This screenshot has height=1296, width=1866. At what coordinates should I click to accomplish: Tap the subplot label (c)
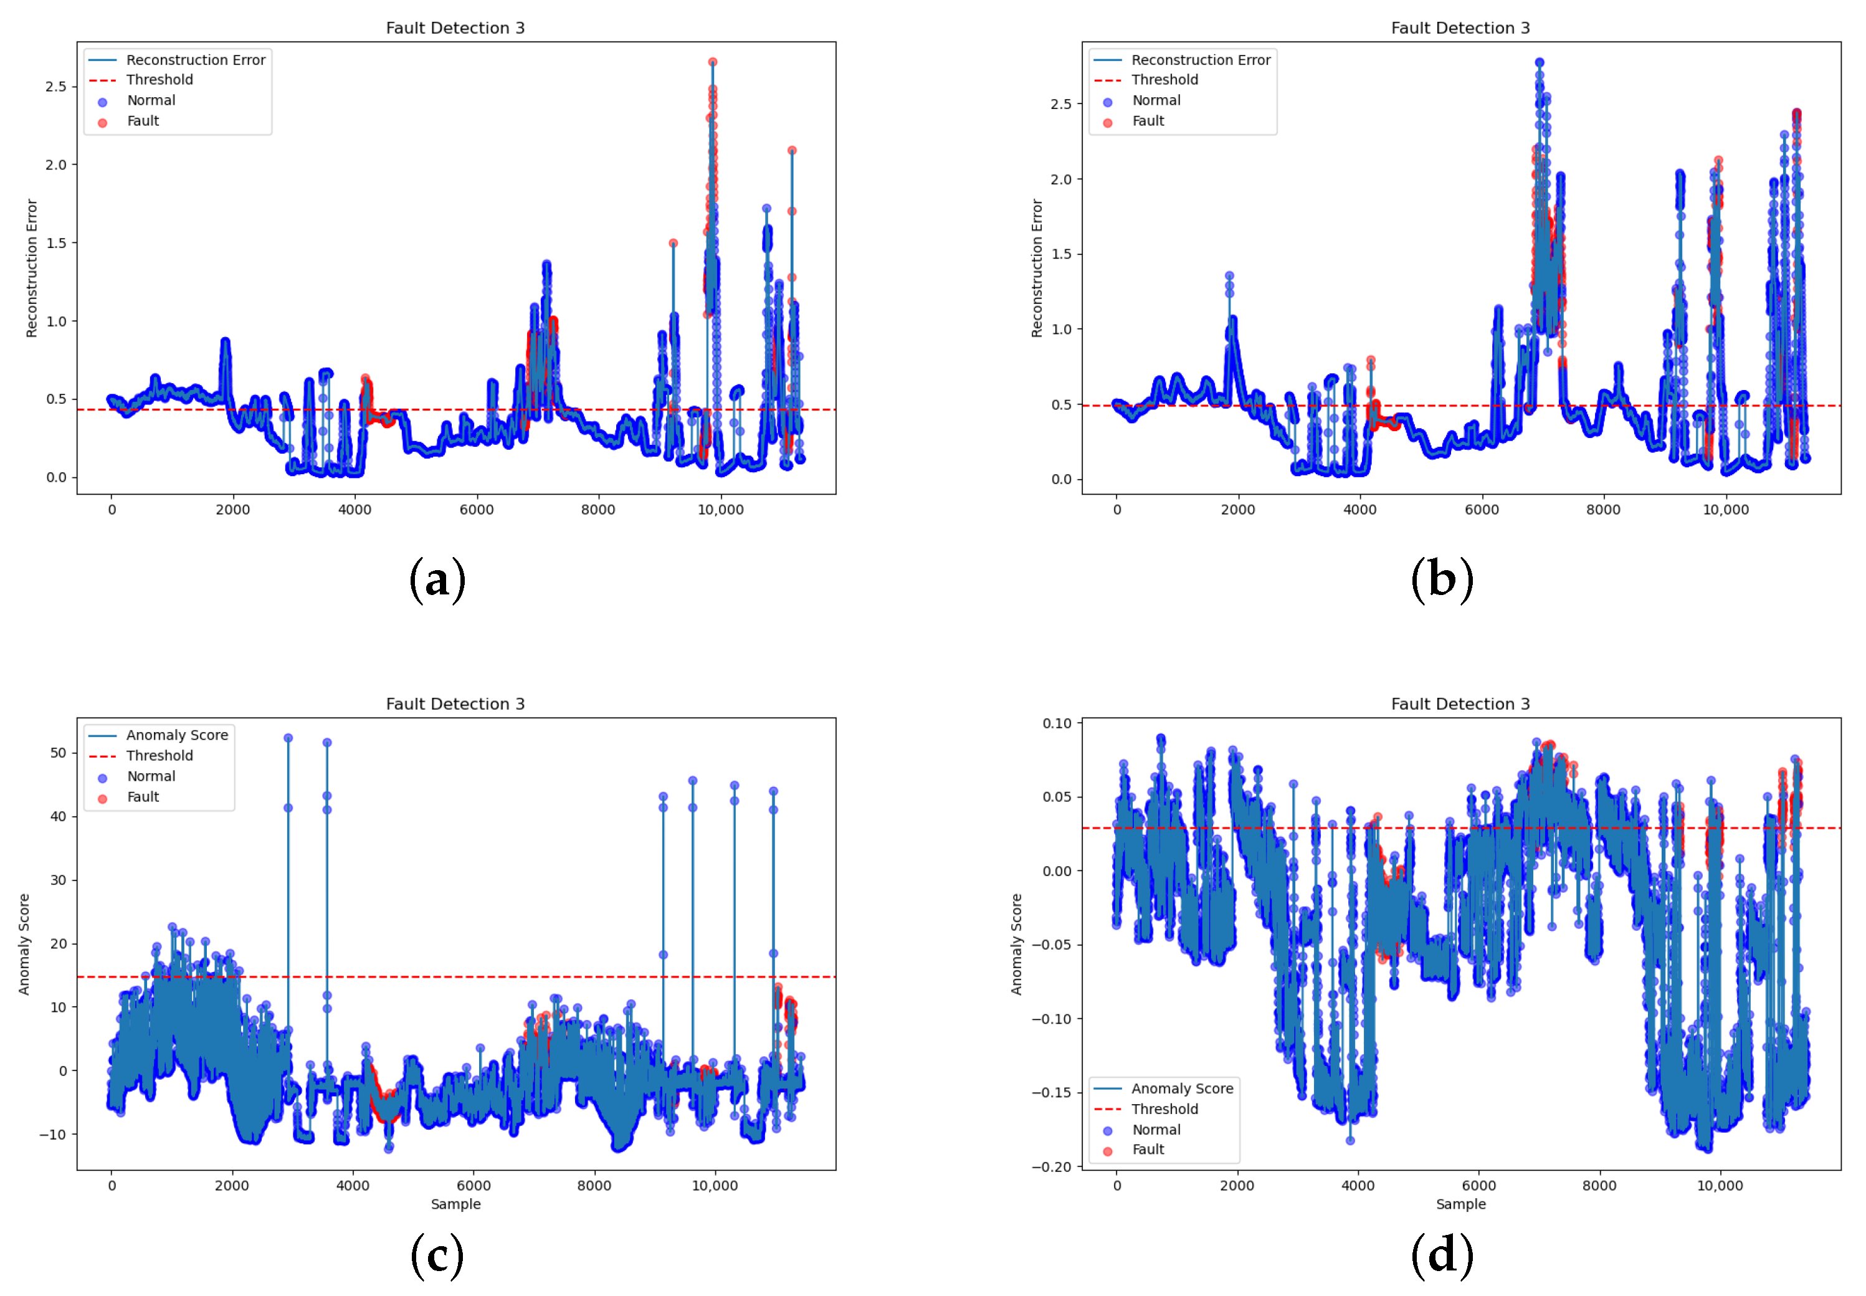(437, 1255)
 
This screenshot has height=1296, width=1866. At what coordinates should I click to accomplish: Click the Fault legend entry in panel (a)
(143, 121)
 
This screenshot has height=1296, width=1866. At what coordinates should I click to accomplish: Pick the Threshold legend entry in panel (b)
(1164, 80)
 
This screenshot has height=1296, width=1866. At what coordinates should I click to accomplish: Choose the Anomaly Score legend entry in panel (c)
(176, 735)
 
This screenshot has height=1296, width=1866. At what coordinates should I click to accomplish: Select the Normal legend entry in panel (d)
(1156, 1130)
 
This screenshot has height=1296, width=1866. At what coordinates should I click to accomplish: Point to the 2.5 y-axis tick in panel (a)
(56, 87)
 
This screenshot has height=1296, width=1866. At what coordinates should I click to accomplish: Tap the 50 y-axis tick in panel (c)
(59, 753)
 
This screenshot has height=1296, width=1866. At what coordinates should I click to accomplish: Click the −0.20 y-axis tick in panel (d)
(1052, 1167)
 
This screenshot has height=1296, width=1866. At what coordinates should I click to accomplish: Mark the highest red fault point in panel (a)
(712, 62)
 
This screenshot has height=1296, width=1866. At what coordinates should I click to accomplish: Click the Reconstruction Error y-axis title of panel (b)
(1037, 268)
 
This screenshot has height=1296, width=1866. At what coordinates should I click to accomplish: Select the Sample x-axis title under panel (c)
(455, 1204)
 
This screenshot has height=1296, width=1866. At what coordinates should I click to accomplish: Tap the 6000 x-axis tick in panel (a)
(476, 510)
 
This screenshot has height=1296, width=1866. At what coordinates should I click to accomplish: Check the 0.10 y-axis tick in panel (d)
(1057, 723)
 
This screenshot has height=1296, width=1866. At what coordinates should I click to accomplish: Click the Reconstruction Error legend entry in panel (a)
(195, 60)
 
